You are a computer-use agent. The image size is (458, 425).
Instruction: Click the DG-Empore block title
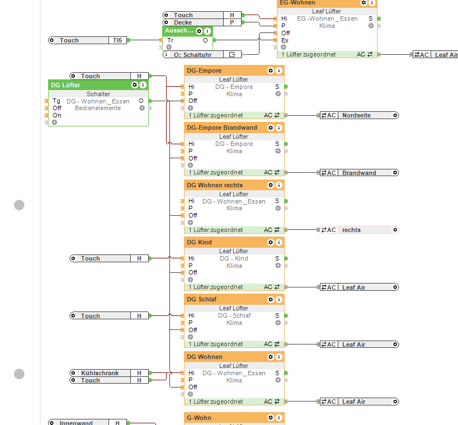coord(204,70)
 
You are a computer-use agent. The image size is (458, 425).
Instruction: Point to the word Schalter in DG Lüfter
coord(98,94)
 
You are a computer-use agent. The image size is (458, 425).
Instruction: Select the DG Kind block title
coord(200,242)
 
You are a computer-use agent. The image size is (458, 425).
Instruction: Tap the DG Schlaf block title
coord(202,300)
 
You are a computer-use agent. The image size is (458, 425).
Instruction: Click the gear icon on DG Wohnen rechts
coord(271,185)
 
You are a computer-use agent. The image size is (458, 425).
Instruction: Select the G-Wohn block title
coord(199,417)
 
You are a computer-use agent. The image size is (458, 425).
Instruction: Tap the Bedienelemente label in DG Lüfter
coord(98,108)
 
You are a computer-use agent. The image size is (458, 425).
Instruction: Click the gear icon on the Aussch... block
coord(200,31)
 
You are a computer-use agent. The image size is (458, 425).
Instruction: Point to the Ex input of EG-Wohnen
coord(285,40)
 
